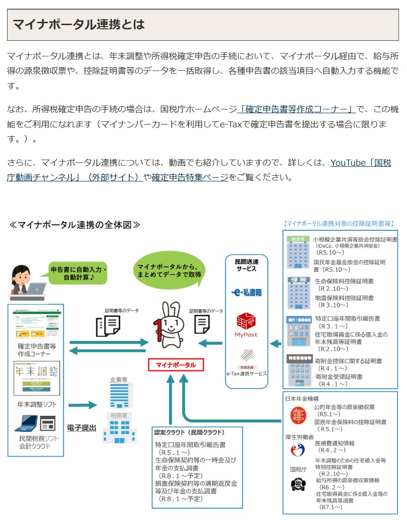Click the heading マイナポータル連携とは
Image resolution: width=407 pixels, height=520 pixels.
[79, 25]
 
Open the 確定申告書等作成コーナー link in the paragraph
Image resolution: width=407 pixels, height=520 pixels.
[297, 109]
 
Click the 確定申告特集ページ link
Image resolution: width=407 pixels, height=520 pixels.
[190, 177]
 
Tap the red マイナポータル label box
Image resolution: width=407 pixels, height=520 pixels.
[176, 365]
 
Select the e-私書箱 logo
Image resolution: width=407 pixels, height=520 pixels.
[247, 293]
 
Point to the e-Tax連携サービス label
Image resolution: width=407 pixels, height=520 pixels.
[246, 374]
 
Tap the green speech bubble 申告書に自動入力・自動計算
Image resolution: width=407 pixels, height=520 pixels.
[79, 273]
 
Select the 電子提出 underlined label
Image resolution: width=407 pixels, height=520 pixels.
[81, 428]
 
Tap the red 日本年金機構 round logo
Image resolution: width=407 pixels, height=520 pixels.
[298, 415]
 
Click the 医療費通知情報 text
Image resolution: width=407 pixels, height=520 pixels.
[335, 443]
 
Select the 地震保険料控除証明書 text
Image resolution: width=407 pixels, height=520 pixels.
[344, 298]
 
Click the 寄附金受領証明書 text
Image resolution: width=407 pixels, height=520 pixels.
[338, 377]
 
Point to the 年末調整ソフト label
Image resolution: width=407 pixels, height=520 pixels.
[36, 404]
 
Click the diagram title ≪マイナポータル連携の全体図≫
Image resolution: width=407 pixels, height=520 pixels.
[74, 224]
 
